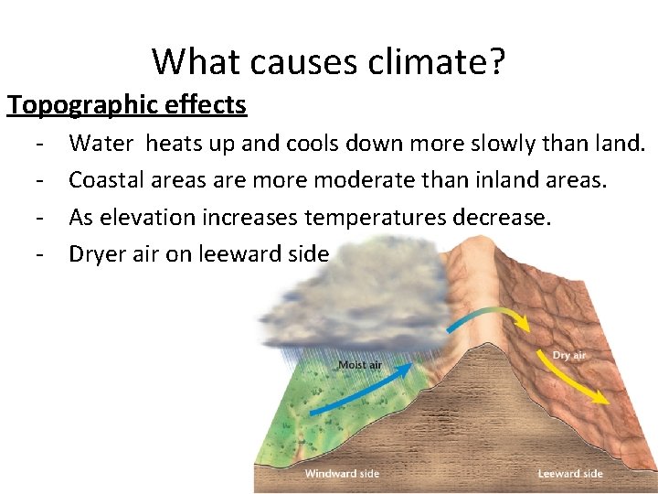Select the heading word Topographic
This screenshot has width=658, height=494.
[86, 105]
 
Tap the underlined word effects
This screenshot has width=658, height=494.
[207, 105]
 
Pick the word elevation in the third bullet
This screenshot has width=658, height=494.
[147, 218]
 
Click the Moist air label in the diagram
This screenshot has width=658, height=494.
[360, 365]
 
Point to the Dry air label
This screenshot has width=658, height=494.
[568, 355]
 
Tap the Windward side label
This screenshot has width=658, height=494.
[342, 473]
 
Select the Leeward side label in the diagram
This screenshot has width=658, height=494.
[570, 473]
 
